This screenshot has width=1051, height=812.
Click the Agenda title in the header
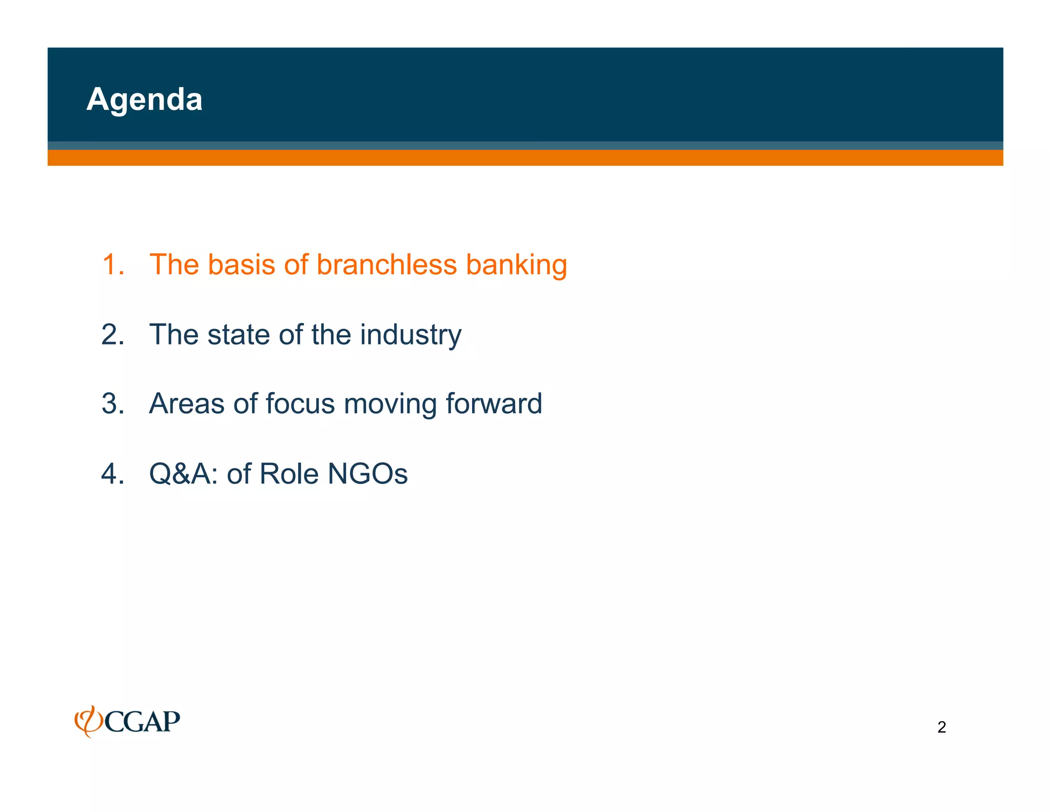click(x=144, y=99)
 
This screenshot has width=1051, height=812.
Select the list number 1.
click(x=112, y=265)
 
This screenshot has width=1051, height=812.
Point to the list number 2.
click(x=112, y=335)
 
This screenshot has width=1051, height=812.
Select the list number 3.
click(x=112, y=403)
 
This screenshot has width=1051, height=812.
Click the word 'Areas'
click(x=186, y=403)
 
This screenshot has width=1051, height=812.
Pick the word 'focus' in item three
click(x=300, y=403)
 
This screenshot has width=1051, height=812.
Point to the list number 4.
click(x=112, y=473)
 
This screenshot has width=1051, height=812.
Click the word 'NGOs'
click(x=367, y=473)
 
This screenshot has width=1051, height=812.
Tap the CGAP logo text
click(x=142, y=722)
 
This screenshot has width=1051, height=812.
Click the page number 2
click(x=941, y=727)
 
